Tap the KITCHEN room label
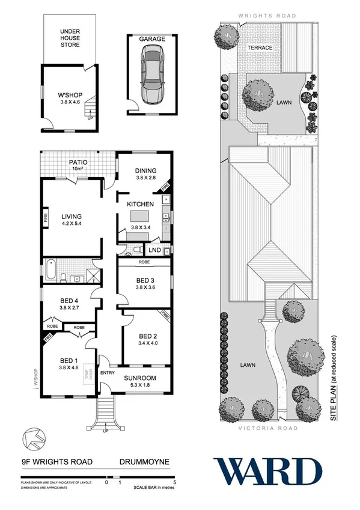pos(141,204)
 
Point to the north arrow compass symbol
pos(32,438)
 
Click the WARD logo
pos(267,471)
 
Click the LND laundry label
pos(154,250)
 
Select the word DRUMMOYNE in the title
pos(144,461)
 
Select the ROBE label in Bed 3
pos(142,262)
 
